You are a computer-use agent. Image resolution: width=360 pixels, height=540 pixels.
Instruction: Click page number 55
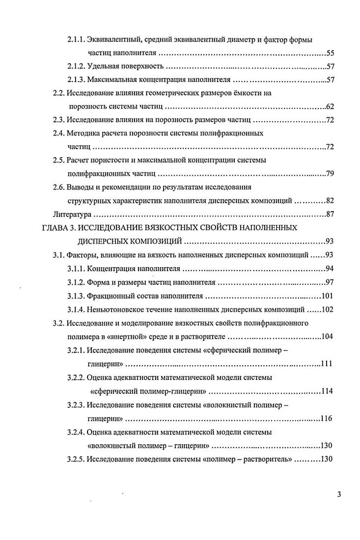pyautogui.click(x=330, y=53)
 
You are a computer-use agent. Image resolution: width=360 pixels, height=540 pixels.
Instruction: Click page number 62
pyautogui.click(x=330, y=107)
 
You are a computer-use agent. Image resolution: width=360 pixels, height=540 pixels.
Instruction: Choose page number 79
pyautogui.click(x=330, y=174)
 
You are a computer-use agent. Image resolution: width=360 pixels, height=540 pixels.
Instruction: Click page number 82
pyautogui.click(x=330, y=201)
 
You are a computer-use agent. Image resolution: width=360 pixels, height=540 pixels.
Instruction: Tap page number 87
pyautogui.click(x=330, y=215)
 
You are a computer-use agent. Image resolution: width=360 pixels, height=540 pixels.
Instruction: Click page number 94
pyautogui.click(x=330, y=269)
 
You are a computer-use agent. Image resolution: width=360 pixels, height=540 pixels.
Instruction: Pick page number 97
pyautogui.click(x=330, y=282)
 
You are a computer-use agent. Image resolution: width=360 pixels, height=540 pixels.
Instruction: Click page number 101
pyautogui.click(x=328, y=296)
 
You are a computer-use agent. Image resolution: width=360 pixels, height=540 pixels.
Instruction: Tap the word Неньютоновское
pyautogui.click(x=116, y=310)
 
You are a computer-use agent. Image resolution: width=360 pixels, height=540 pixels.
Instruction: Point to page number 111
pyautogui.click(x=328, y=364)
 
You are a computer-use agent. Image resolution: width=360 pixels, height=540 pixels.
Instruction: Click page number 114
pyautogui.click(x=328, y=391)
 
